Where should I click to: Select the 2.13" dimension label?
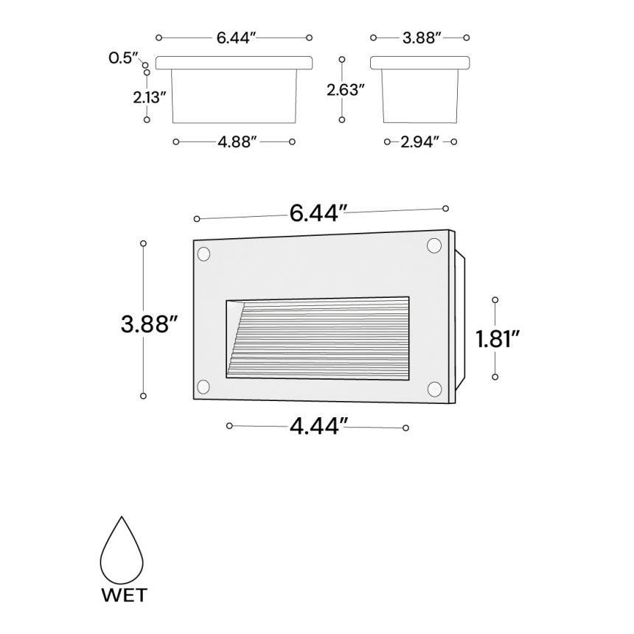coord(150,97)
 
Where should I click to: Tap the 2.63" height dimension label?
coord(346,89)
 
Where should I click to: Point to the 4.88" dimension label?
coord(236,142)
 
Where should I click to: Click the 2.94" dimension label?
coord(420,142)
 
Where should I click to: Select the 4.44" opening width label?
coord(318,426)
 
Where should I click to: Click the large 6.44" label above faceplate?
coord(318,213)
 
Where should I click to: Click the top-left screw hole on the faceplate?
coord(203,254)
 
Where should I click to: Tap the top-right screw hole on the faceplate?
coord(434,248)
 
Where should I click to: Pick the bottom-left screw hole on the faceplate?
coord(203,386)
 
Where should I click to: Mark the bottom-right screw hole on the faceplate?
coord(434,389)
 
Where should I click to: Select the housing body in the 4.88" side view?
coord(234,96)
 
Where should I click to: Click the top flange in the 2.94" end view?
coord(419,63)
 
